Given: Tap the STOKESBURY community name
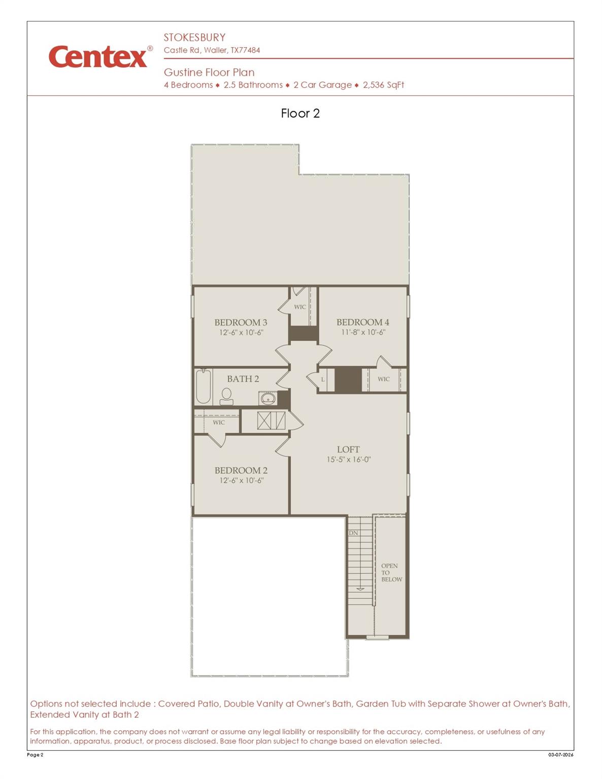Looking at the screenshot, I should point(194,38).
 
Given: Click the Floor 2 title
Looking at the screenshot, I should point(300,113).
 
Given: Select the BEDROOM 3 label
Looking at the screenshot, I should point(241,323).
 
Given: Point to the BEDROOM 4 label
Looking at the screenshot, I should point(362,322).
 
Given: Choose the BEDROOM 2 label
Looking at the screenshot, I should point(241,471).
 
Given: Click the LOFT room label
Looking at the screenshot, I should point(348,450).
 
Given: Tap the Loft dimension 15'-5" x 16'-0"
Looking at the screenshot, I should point(348,460).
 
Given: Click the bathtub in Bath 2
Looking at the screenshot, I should point(204,386).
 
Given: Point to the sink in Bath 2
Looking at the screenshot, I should point(267,399).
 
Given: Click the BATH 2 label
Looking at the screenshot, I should point(243,379).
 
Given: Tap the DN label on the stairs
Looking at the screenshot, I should point(353,533).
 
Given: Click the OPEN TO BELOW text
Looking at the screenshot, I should point(391,573).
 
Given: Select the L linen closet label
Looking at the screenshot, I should point(323,379).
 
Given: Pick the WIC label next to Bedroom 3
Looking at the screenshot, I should point(300,307).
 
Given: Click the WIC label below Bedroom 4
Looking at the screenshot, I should point(384,379).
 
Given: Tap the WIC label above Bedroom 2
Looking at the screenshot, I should point(219,422).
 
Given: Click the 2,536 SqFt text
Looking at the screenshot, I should point(383,85).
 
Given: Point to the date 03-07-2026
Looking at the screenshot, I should point(560,755).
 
